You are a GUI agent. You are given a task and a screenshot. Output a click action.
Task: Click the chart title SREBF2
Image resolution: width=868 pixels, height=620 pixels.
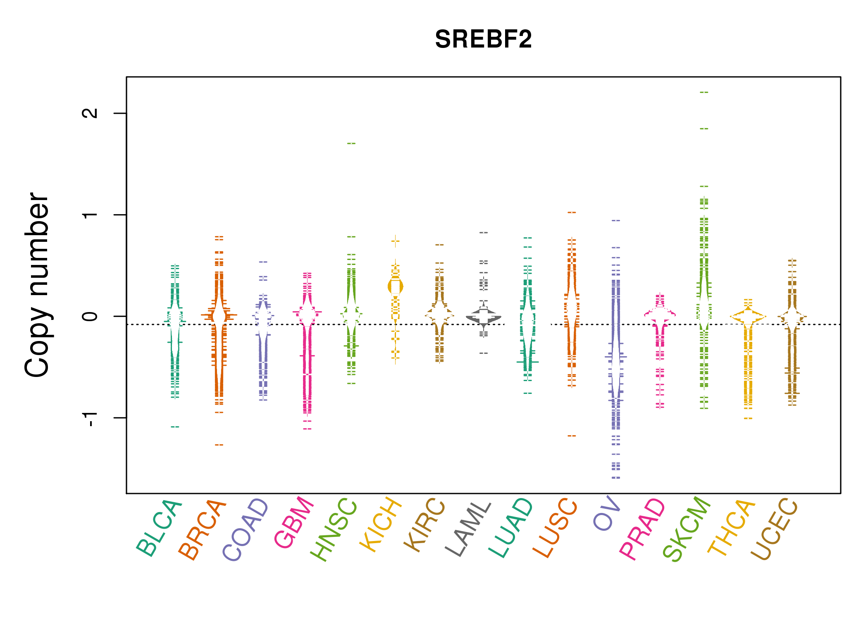(483, 39)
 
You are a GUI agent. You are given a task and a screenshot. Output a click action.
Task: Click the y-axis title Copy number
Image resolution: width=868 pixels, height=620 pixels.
(37, 285)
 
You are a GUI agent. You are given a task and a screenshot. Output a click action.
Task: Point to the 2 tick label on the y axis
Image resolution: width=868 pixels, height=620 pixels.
(90, 113)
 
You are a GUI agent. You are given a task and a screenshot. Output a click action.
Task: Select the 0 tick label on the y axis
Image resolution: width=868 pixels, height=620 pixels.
(90, 316)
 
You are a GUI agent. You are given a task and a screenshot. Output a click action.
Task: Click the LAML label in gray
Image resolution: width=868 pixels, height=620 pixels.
(469, 529)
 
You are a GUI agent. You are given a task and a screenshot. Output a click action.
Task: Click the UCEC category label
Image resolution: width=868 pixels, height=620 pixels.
(774, 529)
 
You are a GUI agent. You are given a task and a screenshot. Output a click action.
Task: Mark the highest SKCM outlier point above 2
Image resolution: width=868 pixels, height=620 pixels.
(704, 92)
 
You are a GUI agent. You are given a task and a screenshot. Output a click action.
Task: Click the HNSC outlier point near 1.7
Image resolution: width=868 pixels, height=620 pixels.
(351, 143)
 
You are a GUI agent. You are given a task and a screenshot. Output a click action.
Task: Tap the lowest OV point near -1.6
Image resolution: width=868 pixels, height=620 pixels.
(616, 478)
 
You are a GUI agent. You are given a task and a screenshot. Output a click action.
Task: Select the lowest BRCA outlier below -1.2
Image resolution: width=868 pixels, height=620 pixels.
(219, 445)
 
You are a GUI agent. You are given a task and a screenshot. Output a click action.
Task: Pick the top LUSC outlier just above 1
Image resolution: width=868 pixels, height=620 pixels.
(572, 212)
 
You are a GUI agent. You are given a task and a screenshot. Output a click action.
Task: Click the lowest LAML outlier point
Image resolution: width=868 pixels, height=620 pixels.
(484, 353)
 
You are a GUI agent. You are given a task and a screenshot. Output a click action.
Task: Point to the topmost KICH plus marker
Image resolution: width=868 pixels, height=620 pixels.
(396, 241)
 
